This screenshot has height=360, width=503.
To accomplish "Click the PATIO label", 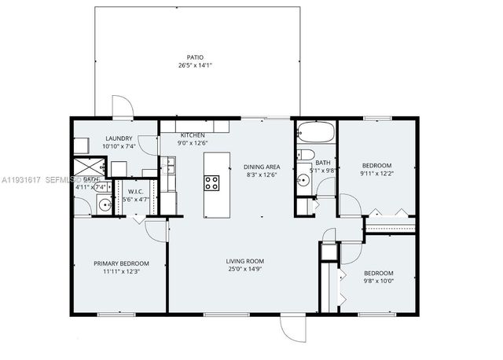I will click(x=195, y=57).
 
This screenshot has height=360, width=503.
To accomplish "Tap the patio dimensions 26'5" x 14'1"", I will click(x=195, y=66).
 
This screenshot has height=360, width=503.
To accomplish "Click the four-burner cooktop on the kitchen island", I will click(x=212, y=183).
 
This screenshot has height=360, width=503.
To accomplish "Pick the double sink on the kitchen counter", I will click(x=171, y=166).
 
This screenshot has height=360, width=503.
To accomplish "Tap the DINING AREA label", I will click(x=262, y=167).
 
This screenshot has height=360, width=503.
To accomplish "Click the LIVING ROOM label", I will click(x=244, y=261).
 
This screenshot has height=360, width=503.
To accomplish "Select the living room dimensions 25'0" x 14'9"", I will click(x=244, y=270).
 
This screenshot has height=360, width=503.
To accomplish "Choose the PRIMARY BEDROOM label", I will click(x=121, y=263).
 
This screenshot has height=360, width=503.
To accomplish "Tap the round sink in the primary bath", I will click(x=104, y=206).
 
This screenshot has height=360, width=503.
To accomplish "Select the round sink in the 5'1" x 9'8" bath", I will click(x=303, y=180).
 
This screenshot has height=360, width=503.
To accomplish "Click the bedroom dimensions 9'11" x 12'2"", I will click(x=376, y=173).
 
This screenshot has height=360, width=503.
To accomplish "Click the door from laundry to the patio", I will click(x=123, y=108).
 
